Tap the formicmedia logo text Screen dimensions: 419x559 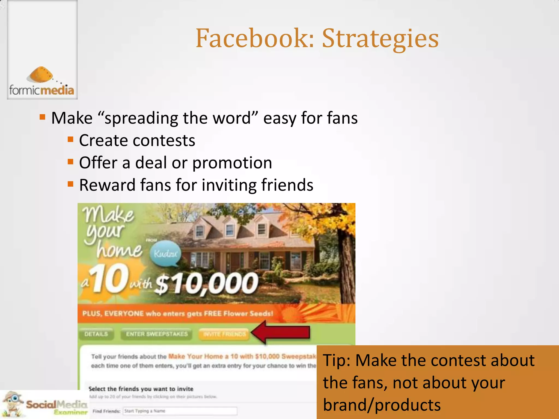[42, 90]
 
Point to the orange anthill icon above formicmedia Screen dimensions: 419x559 [41, 74]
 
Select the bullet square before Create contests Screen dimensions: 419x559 [71, 140]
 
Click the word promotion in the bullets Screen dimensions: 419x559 [232, 163]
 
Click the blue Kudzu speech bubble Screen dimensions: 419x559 [165, 254]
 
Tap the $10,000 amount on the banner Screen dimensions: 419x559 [206, 284]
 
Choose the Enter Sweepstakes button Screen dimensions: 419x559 [157, 334]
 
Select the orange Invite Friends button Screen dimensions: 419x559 [224, 334]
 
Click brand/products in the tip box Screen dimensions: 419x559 [382, 405]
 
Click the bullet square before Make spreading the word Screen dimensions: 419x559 [42, 117]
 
